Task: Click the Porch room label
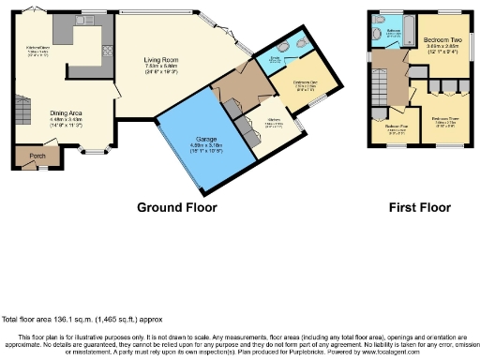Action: (38, 157)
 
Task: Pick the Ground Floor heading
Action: (177, 207)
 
